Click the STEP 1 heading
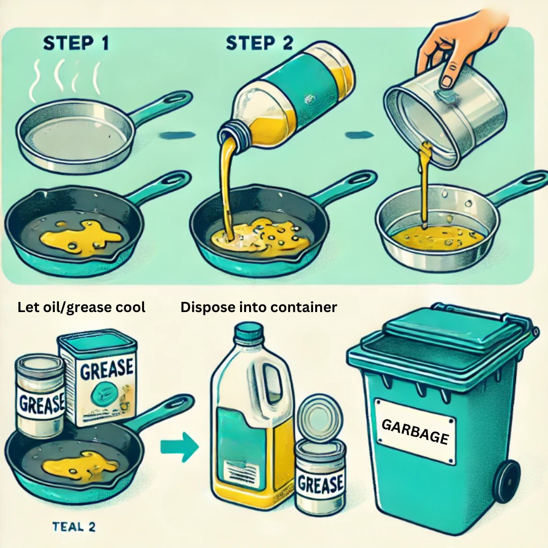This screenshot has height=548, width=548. tap(76, 43)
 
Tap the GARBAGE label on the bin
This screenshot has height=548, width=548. tap(415, 431)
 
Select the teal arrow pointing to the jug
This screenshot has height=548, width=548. tap(179, 447)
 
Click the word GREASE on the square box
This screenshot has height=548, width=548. tap(107, 370)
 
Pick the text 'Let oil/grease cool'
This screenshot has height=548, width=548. tap(81, 307)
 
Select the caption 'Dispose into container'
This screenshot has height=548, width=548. tap(259, 307)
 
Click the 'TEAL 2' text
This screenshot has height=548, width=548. tap(74, 527)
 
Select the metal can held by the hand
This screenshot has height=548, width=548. tap(445, 115)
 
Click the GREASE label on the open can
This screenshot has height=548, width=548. tap(320, 484)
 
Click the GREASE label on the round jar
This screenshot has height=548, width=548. tap(41, 403)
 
